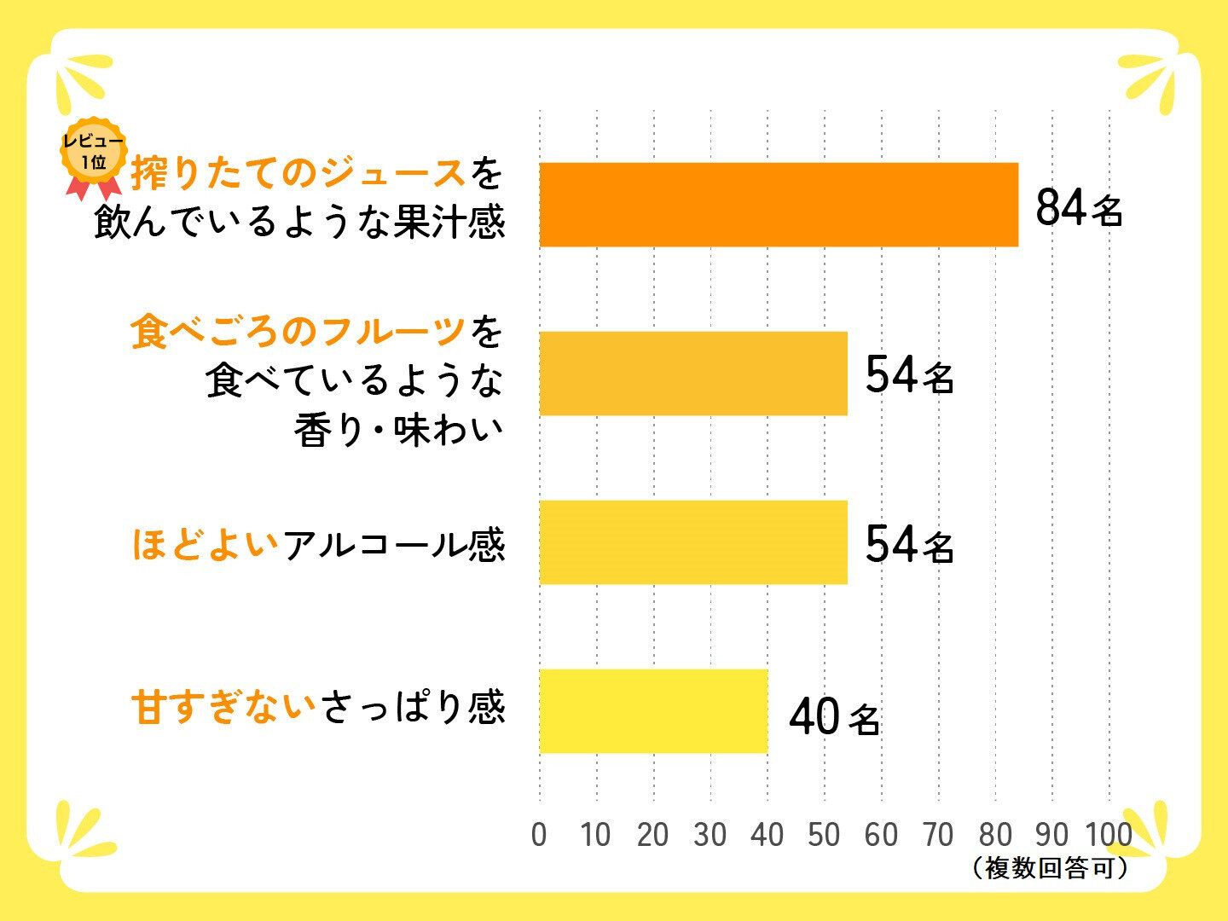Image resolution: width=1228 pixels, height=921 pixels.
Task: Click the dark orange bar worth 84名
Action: (x=778, y=205)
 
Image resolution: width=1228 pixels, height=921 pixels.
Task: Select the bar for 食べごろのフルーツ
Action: (x=692, y=374)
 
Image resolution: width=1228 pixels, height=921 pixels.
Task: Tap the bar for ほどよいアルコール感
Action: (x=692, y=542)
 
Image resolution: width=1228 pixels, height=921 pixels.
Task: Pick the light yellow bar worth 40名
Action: (x=653, y=711)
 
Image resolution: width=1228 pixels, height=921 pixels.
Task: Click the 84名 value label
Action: (x=1079, y=207)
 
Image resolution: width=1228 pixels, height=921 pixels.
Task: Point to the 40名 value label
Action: (x=834, y=716)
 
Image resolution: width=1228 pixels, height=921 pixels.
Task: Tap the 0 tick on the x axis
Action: (x=539, y=835)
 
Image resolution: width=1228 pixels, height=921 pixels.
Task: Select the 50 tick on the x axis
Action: (x=824, y=835)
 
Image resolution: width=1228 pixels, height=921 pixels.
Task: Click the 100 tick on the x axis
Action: (x=1109, y=835)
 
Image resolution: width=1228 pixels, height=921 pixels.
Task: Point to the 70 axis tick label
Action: (x=938, y=835)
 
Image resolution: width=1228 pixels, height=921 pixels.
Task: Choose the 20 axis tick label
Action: (x=653, y=835)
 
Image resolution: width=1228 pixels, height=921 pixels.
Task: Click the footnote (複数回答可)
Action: (x=1051, y=868)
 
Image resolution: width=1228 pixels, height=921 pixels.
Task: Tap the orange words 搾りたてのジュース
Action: (x=298, y=175)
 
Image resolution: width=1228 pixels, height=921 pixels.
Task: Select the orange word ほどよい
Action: (x=205, y=544)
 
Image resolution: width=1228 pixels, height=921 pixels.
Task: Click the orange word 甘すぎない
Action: (x=223, y=708)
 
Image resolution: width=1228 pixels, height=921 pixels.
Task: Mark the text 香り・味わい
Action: (x=399, y=431)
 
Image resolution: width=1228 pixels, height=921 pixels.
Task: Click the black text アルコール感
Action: (x=394, y=544)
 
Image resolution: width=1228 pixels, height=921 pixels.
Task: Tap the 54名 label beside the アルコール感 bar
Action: (x=909, y=544)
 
